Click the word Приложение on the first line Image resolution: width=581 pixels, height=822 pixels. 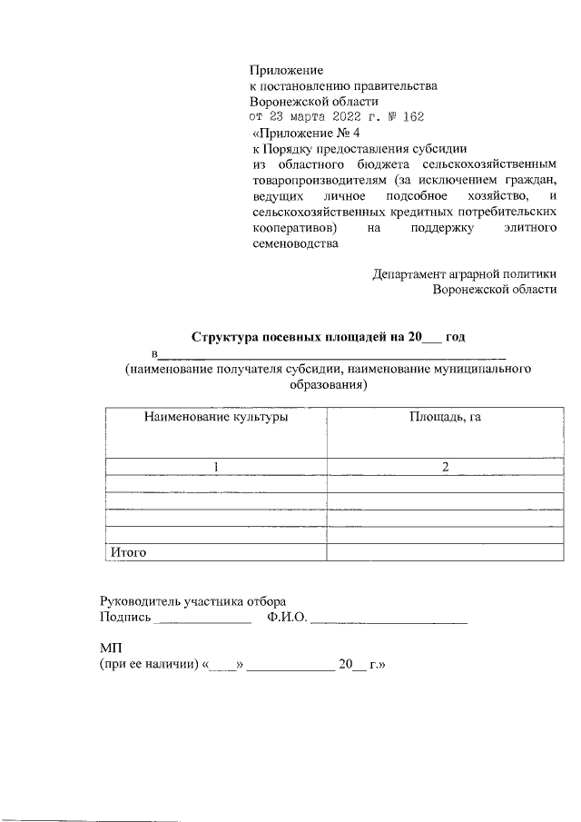(287, 69)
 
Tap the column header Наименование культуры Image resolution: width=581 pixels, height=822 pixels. (215, 417)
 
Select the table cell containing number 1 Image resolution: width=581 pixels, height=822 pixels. (216, 467)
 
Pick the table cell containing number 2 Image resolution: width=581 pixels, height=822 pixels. (445, 467)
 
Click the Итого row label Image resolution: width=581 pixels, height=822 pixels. (128, 551)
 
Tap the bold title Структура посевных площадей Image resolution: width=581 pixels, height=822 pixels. (286, 337)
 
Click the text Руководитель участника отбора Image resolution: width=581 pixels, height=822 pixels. (192, 601)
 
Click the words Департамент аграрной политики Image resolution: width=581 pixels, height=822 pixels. (464, 273)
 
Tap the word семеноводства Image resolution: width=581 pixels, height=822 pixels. (293, 243)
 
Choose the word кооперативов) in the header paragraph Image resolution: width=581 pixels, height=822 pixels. (293, 227)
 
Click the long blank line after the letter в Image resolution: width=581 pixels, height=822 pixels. (332, 354)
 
